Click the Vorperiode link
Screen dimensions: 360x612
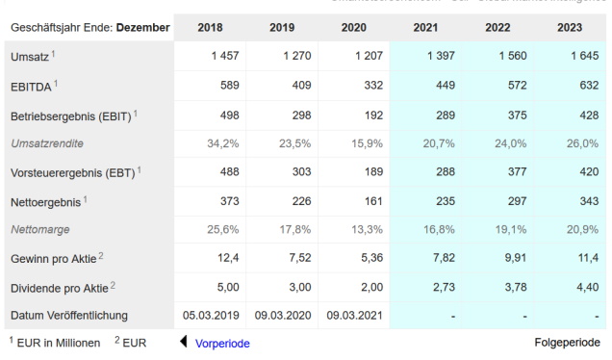point(222,343)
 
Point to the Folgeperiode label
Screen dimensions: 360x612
point(567,343)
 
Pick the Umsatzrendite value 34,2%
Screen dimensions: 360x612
point(223,142)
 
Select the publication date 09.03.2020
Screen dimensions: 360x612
point(282,315)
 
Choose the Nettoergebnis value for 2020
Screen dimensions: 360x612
point(369,200)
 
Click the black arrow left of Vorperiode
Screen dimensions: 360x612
point(183,343)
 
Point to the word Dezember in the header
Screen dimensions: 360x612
point(143,26)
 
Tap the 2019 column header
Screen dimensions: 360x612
point(281,26)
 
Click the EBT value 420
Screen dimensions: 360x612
point(583,172)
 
